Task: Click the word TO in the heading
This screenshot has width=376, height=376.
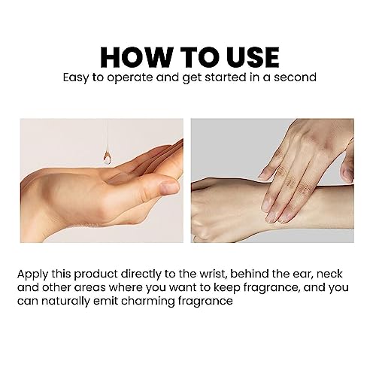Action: coord(200,57)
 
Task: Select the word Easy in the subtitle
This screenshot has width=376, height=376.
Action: coord(75,78)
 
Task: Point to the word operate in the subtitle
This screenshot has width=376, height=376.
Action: coord(130,78)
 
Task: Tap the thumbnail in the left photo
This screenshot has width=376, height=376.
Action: coord(169,186)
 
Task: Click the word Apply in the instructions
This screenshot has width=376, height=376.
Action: coord(32,274)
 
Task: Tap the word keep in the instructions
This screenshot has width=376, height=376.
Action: coord(226,288)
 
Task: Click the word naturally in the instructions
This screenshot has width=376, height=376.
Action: coord(65,302)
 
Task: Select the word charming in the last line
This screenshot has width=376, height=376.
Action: coord(148,302)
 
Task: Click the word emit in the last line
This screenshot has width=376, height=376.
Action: coord(105,301)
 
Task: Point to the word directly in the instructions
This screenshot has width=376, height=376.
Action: coord(141,274)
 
